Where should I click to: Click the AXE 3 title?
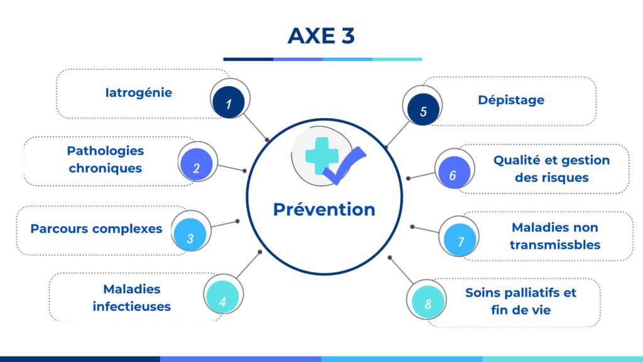pyautogui.click(x=321, y=36)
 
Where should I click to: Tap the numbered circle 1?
pyautogui.click(x=229, y=102)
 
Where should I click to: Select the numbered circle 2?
pyautogui.click(x=197, y=165)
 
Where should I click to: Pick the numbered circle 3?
pyautogui.click(x=190, y=234)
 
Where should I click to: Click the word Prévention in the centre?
pyautogui.click(x=324, y=209)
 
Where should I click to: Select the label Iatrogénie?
pyautogui.click(x=139, y=93)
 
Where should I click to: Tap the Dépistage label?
pyautogui.click(x=511, y=100)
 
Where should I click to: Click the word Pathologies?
pyautogui.click(x=105, y=151)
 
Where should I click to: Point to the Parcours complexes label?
pyautogui.click(x=96, y=229)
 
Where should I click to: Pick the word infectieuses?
pyautogui.click(x=132, y=307)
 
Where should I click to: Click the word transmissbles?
pyautogui.click(x=555, y=244)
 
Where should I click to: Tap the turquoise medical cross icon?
pyautogui.click(x=322, y=156)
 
